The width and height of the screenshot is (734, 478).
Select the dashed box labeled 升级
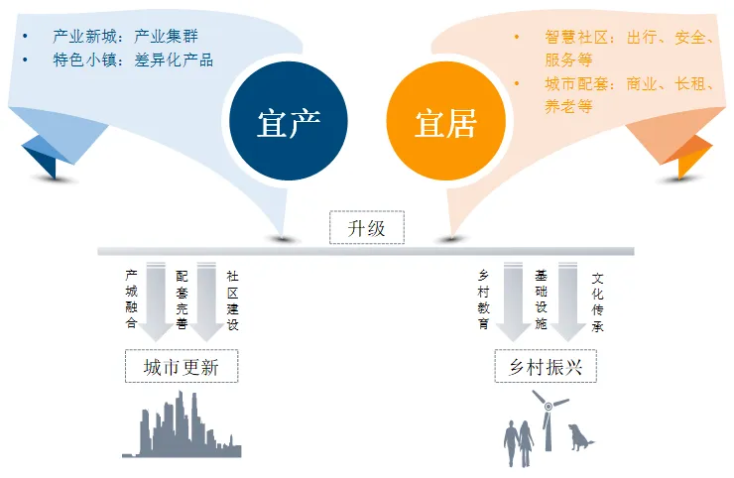(367, 228)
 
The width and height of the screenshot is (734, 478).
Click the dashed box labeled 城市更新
(183, 368)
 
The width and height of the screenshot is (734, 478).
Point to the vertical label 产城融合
(131, 299)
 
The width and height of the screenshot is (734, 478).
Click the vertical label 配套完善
(183, 299)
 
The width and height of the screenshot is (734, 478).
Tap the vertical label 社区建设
(233, 299)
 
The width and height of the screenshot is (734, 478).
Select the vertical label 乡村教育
(485, 299)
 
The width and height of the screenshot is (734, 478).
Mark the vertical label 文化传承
(597, 299)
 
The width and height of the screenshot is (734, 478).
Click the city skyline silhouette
(186, 428)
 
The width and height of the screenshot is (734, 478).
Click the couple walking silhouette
(519, 442)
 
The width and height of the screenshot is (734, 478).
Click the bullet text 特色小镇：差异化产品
(133, 60)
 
